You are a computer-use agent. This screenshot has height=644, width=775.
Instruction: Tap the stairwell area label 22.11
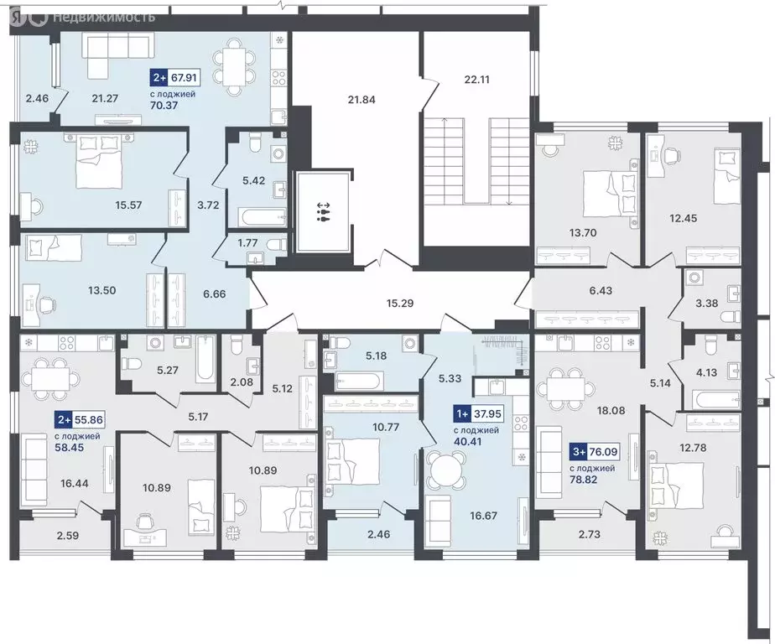click(476, 80)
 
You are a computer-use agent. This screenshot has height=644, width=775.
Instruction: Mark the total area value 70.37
click(167, 106)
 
